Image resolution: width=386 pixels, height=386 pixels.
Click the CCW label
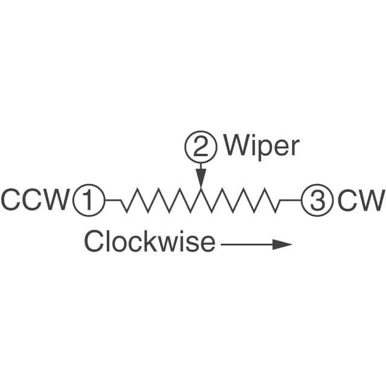[35, 200]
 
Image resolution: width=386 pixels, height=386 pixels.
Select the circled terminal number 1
[89, 200]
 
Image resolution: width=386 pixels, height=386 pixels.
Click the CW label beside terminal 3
[360, 200]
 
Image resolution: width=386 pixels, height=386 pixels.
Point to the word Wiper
[261, 147]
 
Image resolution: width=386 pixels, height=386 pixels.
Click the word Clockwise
[149, 242]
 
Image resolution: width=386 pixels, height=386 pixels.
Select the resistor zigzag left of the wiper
[160, 200]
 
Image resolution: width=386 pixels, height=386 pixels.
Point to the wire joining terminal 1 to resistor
[113, 199]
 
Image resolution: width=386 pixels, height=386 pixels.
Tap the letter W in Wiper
[237, 146]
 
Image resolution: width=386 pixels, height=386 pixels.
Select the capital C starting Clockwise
[95, 242]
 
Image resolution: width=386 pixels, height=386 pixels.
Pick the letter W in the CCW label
[57, 200]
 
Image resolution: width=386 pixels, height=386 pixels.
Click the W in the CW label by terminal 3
[370, 200]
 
